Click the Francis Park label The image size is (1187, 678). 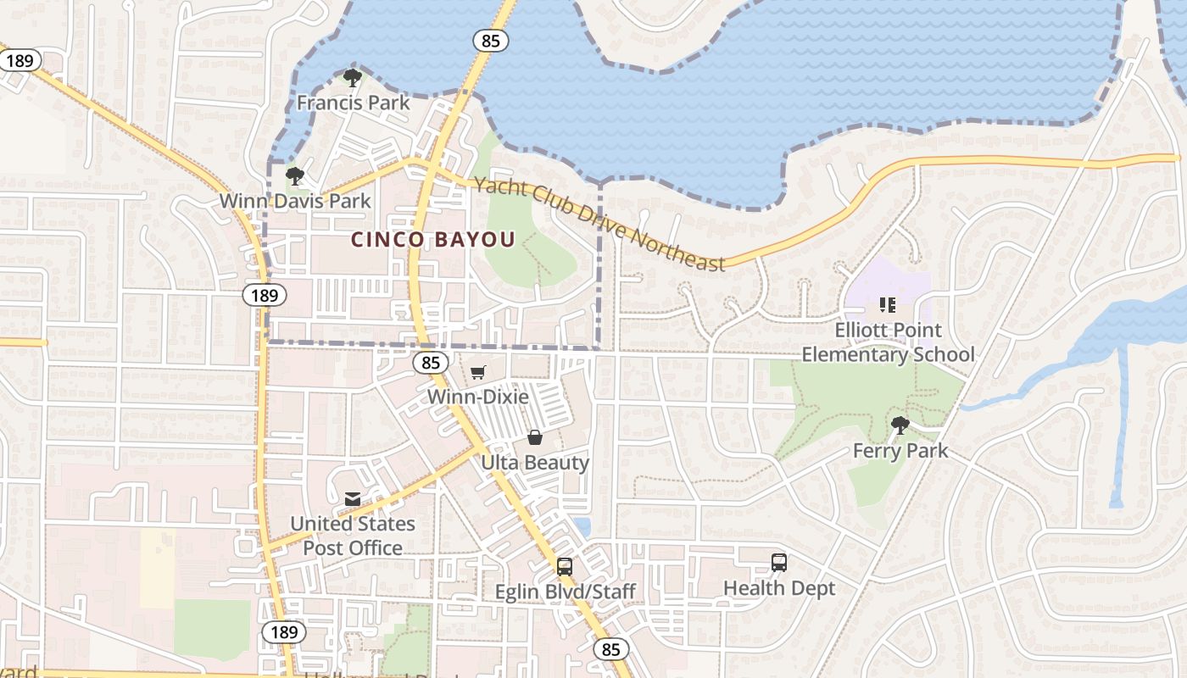click(353, 103)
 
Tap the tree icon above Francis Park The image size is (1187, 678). click(353, 79)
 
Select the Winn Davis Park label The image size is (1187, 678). click(295, 201)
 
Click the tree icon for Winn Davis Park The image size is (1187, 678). click(295, 176)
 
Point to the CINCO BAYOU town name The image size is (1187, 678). click(433, 240)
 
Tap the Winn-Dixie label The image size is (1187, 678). click(478, 397)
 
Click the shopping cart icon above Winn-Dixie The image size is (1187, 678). click(478, 372)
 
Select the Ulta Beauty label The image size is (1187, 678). click(535, 463)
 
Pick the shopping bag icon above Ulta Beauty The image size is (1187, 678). click(535, 437)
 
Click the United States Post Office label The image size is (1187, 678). click(353, 536)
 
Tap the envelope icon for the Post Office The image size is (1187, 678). click(353, 498)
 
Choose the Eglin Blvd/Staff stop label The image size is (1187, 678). click(565, 592)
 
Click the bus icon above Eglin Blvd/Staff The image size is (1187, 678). click(565, 566)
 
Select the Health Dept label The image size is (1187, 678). click(779, 588)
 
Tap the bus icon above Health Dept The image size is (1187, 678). click(779, 562)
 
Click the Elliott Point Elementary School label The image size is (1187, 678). click(888, 342)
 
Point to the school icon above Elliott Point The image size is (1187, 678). click(888, 305)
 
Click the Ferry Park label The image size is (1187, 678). click(900, 451)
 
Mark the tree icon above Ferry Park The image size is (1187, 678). click(900, 425)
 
